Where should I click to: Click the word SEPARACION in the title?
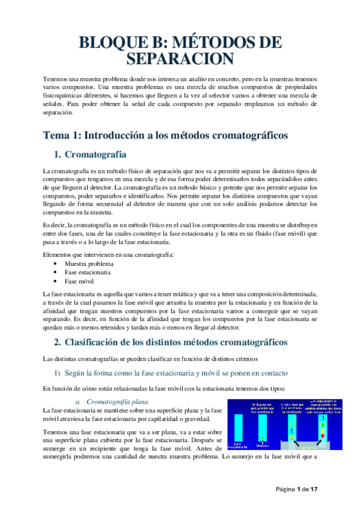180,59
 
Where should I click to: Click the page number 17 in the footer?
313,489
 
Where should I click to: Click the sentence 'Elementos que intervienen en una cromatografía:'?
109,254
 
